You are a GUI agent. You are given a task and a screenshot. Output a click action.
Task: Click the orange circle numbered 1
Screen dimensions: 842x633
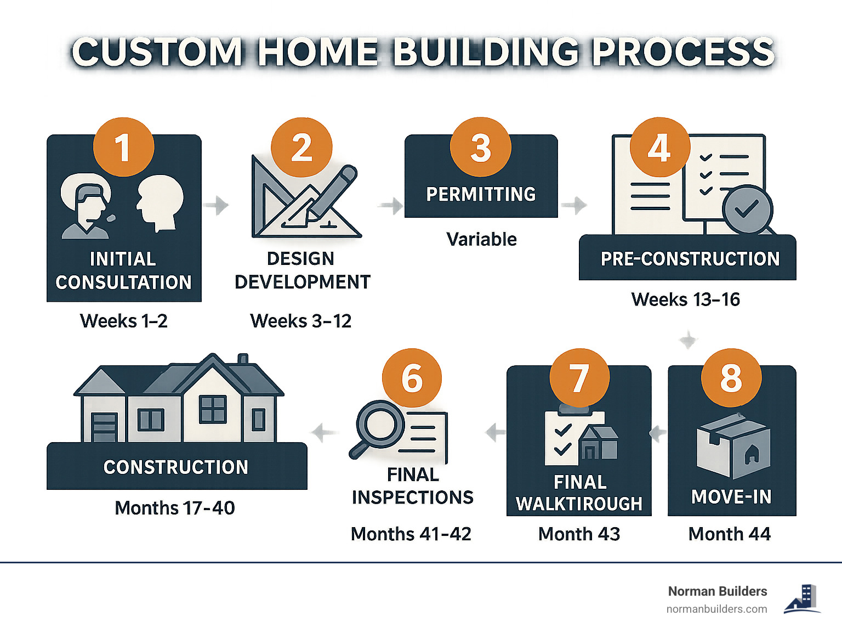[x=123, y=147]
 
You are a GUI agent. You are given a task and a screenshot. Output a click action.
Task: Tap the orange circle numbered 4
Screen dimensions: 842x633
[x=659, y=147]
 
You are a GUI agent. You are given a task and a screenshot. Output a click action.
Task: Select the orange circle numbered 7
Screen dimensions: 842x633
[x=579, y=378]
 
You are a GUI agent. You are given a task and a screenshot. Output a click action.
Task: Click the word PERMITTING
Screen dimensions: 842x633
[x=481, y=194]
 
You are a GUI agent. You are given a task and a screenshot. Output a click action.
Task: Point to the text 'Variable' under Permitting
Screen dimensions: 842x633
[x=481, y=239]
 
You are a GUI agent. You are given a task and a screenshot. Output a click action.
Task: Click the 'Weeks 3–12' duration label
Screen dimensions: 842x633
[x=301, y=321]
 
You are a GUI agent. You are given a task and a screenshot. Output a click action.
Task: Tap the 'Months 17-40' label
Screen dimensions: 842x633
[x=175, y=508]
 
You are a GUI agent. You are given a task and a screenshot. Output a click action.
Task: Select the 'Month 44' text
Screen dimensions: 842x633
[x=730, y=534]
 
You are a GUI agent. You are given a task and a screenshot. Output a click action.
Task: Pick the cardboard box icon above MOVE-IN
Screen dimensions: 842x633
[x=733, y=445]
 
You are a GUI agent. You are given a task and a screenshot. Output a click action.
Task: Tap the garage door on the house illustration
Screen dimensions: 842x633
[x=104, y=428]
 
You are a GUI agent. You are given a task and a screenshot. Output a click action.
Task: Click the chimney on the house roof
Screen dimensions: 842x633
[x=243, y=358]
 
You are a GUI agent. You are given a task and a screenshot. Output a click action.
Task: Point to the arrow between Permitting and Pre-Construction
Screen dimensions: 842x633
[x=574, y=205]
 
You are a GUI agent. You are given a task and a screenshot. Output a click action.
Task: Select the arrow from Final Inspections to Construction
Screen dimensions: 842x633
[x=324, y=433]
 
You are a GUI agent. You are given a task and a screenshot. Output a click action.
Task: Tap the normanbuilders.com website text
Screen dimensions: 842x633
[x=716, y=609]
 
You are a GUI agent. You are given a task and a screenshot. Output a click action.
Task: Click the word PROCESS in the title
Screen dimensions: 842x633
[x=683, y=52]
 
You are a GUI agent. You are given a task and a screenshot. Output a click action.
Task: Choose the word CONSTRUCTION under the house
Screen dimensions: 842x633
[x=175, y=467]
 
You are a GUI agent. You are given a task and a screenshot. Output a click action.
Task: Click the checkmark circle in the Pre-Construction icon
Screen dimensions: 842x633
[x=747, y=209]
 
